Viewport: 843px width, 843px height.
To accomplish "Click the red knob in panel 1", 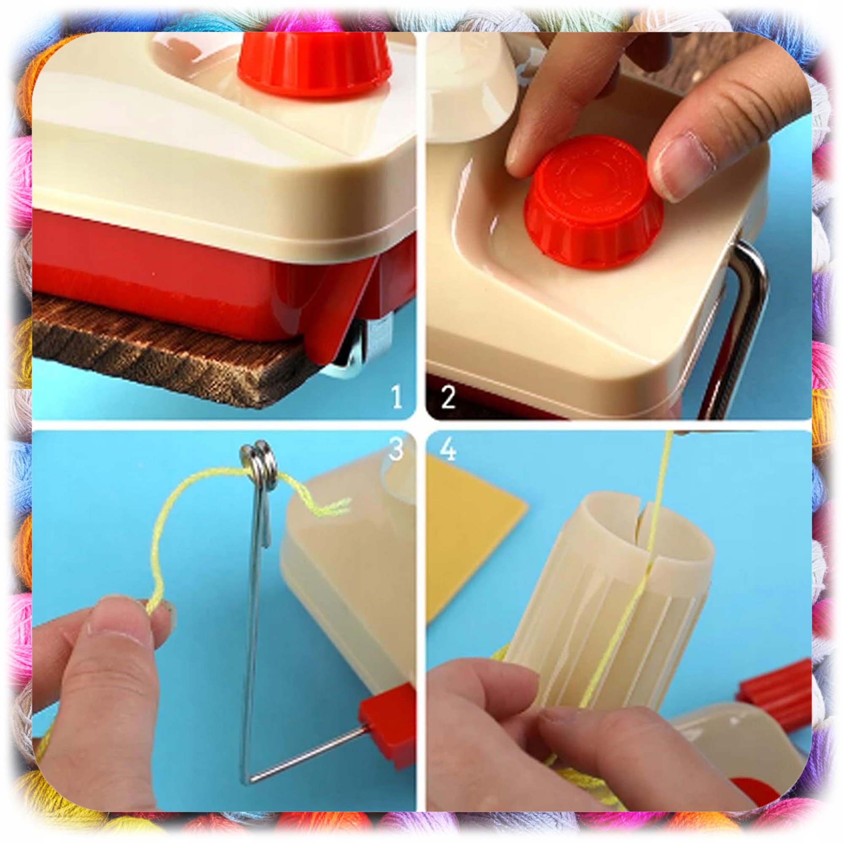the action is click(314, 65).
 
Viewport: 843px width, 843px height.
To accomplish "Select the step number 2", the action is click(448, 397).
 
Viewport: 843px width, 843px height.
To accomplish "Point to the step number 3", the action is click(396, 448).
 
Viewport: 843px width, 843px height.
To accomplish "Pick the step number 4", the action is click(448, 449).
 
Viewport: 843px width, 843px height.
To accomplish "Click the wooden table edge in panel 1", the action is click(170, 349).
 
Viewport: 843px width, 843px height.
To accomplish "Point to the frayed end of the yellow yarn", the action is click(336, 506).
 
